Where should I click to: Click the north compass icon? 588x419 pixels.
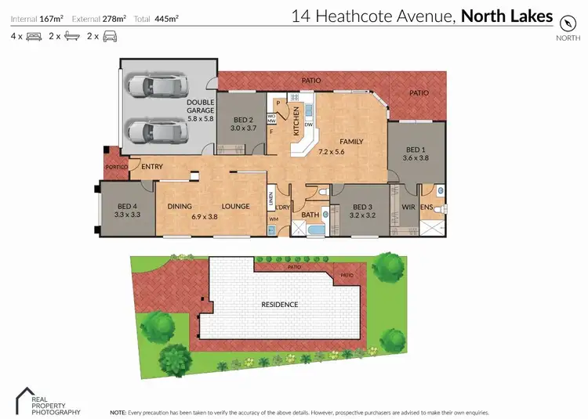click(567, 22)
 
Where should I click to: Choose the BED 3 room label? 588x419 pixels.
click(357, 210)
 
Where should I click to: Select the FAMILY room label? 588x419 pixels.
click(350, 143)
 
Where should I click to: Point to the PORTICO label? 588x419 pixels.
click(116, 166)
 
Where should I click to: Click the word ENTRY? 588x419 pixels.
click(152, 166)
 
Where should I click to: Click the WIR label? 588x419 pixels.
click(408, 208)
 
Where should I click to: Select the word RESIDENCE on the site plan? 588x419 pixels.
click(280, 304)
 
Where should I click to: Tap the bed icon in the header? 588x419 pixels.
click(34, 36)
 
